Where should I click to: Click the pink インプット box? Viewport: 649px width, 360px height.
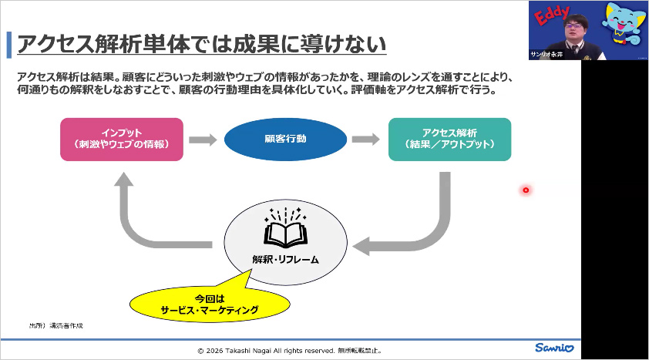122,139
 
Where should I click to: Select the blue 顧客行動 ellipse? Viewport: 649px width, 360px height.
274,140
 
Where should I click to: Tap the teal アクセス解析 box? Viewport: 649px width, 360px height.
449,139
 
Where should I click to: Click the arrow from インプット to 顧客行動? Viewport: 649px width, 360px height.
203,140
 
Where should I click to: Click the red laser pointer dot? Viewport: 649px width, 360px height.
526,190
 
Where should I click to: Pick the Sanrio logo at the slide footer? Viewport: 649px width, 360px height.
555,348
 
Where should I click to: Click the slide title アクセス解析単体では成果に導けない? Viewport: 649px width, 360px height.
201,45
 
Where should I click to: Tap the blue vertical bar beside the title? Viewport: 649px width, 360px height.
8,45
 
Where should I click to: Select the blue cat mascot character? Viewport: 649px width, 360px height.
620,29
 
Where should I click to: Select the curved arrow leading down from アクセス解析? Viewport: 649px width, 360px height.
432,224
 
